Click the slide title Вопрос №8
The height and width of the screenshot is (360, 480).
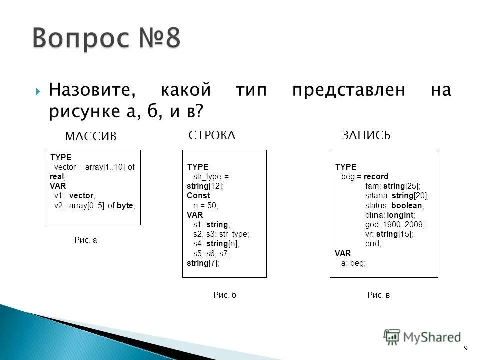click(x=107, y=39)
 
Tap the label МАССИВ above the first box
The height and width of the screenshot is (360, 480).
click(x=91, y=136)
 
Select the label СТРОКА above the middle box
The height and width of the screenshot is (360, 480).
click(x=212, y=135)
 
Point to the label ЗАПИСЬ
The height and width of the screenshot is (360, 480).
click(x=366, y=135)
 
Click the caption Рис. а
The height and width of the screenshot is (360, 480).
click(x=86, y=240)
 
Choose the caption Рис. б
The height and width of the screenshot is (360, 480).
click(x=224, y=295)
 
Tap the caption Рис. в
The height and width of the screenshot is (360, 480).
click(x=378, y=295)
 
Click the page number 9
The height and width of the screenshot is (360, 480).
click(x=466, y=348)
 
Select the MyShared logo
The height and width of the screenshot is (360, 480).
click(x=422, y=337)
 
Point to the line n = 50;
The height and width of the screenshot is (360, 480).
click(x=206, y=205)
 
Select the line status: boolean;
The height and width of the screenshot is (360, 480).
click(x=395, y=205)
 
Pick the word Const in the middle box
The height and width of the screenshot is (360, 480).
click(x=198, y=196)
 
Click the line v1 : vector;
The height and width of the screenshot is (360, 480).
click(x=74, y=196)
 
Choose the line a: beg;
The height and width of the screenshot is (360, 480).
click(x=353, y=263)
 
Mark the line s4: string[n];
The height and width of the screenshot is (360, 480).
click(x=216, y=244)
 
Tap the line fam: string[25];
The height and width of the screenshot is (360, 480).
click(x=393, y=186)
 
